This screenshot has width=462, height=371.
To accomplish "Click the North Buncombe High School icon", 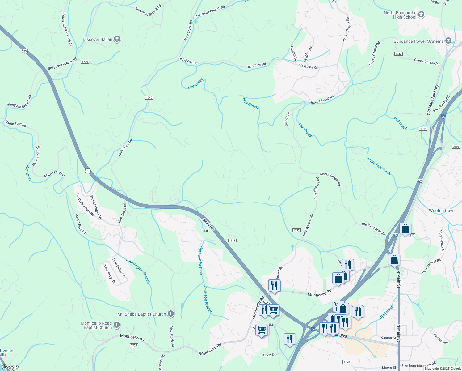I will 421,15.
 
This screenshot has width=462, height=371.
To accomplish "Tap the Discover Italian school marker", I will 117,39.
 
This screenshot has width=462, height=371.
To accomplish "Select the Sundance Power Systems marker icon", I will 448,41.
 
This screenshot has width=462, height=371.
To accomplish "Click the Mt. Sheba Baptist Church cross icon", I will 170,314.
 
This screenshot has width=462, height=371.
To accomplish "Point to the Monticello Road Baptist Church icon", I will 116,325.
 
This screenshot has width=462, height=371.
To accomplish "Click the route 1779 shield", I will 85,62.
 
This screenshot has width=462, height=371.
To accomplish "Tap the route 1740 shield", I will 149,98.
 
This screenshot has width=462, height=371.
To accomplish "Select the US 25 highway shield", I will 25,51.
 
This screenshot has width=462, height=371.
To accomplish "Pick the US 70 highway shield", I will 88,171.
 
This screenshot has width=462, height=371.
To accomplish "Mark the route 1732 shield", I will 296,230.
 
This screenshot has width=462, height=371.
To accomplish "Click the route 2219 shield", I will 456,147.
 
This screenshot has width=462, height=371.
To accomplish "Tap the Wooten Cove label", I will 442,211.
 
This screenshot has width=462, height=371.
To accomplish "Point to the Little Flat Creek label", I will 379,166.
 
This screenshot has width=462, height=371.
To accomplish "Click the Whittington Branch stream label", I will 138,271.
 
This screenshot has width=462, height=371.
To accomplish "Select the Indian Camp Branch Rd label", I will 67,29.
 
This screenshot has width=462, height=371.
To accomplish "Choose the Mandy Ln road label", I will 288,119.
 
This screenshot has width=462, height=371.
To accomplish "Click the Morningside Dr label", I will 442,241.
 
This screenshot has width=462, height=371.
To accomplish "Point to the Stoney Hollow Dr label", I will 96,207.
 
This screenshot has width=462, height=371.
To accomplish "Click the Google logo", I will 10,367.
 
